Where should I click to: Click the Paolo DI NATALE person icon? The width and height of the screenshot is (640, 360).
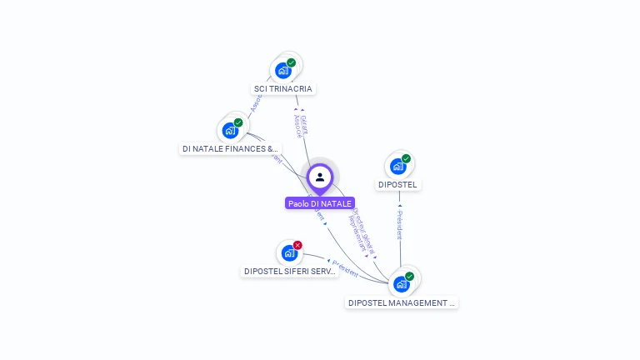320,177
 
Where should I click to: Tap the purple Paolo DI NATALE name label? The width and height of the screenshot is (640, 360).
320,203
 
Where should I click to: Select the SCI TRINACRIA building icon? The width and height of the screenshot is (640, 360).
282,71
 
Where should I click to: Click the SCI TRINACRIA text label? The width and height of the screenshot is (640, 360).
284,88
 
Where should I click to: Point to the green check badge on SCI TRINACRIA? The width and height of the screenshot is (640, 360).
291,62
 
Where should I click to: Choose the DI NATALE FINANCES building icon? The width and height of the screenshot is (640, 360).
230,131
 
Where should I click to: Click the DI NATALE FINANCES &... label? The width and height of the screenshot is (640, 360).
231,149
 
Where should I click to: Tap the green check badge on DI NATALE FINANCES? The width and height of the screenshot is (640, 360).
238,123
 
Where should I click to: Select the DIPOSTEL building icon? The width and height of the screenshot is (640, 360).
397,167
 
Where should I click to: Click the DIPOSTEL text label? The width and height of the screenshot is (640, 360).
399,184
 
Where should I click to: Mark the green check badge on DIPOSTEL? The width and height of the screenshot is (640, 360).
406,159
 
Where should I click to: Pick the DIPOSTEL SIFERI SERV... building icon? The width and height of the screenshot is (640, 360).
289,252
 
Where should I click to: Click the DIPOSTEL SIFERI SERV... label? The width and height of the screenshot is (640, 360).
290,271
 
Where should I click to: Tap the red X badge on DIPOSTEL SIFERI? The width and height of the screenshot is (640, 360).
297,245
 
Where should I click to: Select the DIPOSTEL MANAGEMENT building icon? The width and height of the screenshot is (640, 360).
402,284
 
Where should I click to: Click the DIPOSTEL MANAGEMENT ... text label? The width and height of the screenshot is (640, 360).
402,302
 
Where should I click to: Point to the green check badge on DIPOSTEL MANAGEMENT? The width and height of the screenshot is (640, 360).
409,276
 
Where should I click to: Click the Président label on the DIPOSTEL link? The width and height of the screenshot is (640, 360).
400,225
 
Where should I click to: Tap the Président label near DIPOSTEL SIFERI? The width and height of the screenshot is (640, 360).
345,268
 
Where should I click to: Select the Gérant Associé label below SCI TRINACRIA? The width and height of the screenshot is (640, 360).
300,126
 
